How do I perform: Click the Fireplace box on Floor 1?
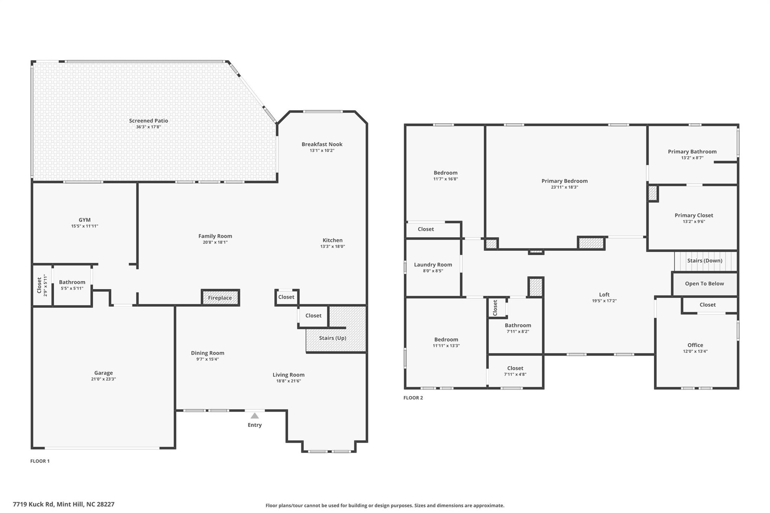coord(220,298)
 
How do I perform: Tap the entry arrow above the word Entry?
coord(255,416)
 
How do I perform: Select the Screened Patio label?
coord(149,121)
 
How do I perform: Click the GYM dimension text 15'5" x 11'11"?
coord(85,226)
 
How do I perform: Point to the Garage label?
coord(103,373)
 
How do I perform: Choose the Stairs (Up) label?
coord(333,338)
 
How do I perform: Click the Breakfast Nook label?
coord(322,144)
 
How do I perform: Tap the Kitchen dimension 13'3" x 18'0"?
coord(332,247)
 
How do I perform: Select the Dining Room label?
coord(208,353)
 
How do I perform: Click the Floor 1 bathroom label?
coord(72,282)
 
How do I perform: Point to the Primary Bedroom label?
coord(564,181)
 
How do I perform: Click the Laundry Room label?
coord(433,265)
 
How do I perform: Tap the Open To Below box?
coord(705,284)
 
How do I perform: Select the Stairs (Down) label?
coord(705,260)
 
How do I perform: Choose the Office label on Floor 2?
coord(695,345)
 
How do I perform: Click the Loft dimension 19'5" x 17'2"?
coord(604,301)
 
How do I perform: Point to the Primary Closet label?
coord(694,215)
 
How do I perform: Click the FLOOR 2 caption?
coord(413,398)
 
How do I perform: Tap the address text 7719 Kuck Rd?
coord(33,504)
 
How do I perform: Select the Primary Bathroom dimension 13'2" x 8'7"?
coord(692,158)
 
